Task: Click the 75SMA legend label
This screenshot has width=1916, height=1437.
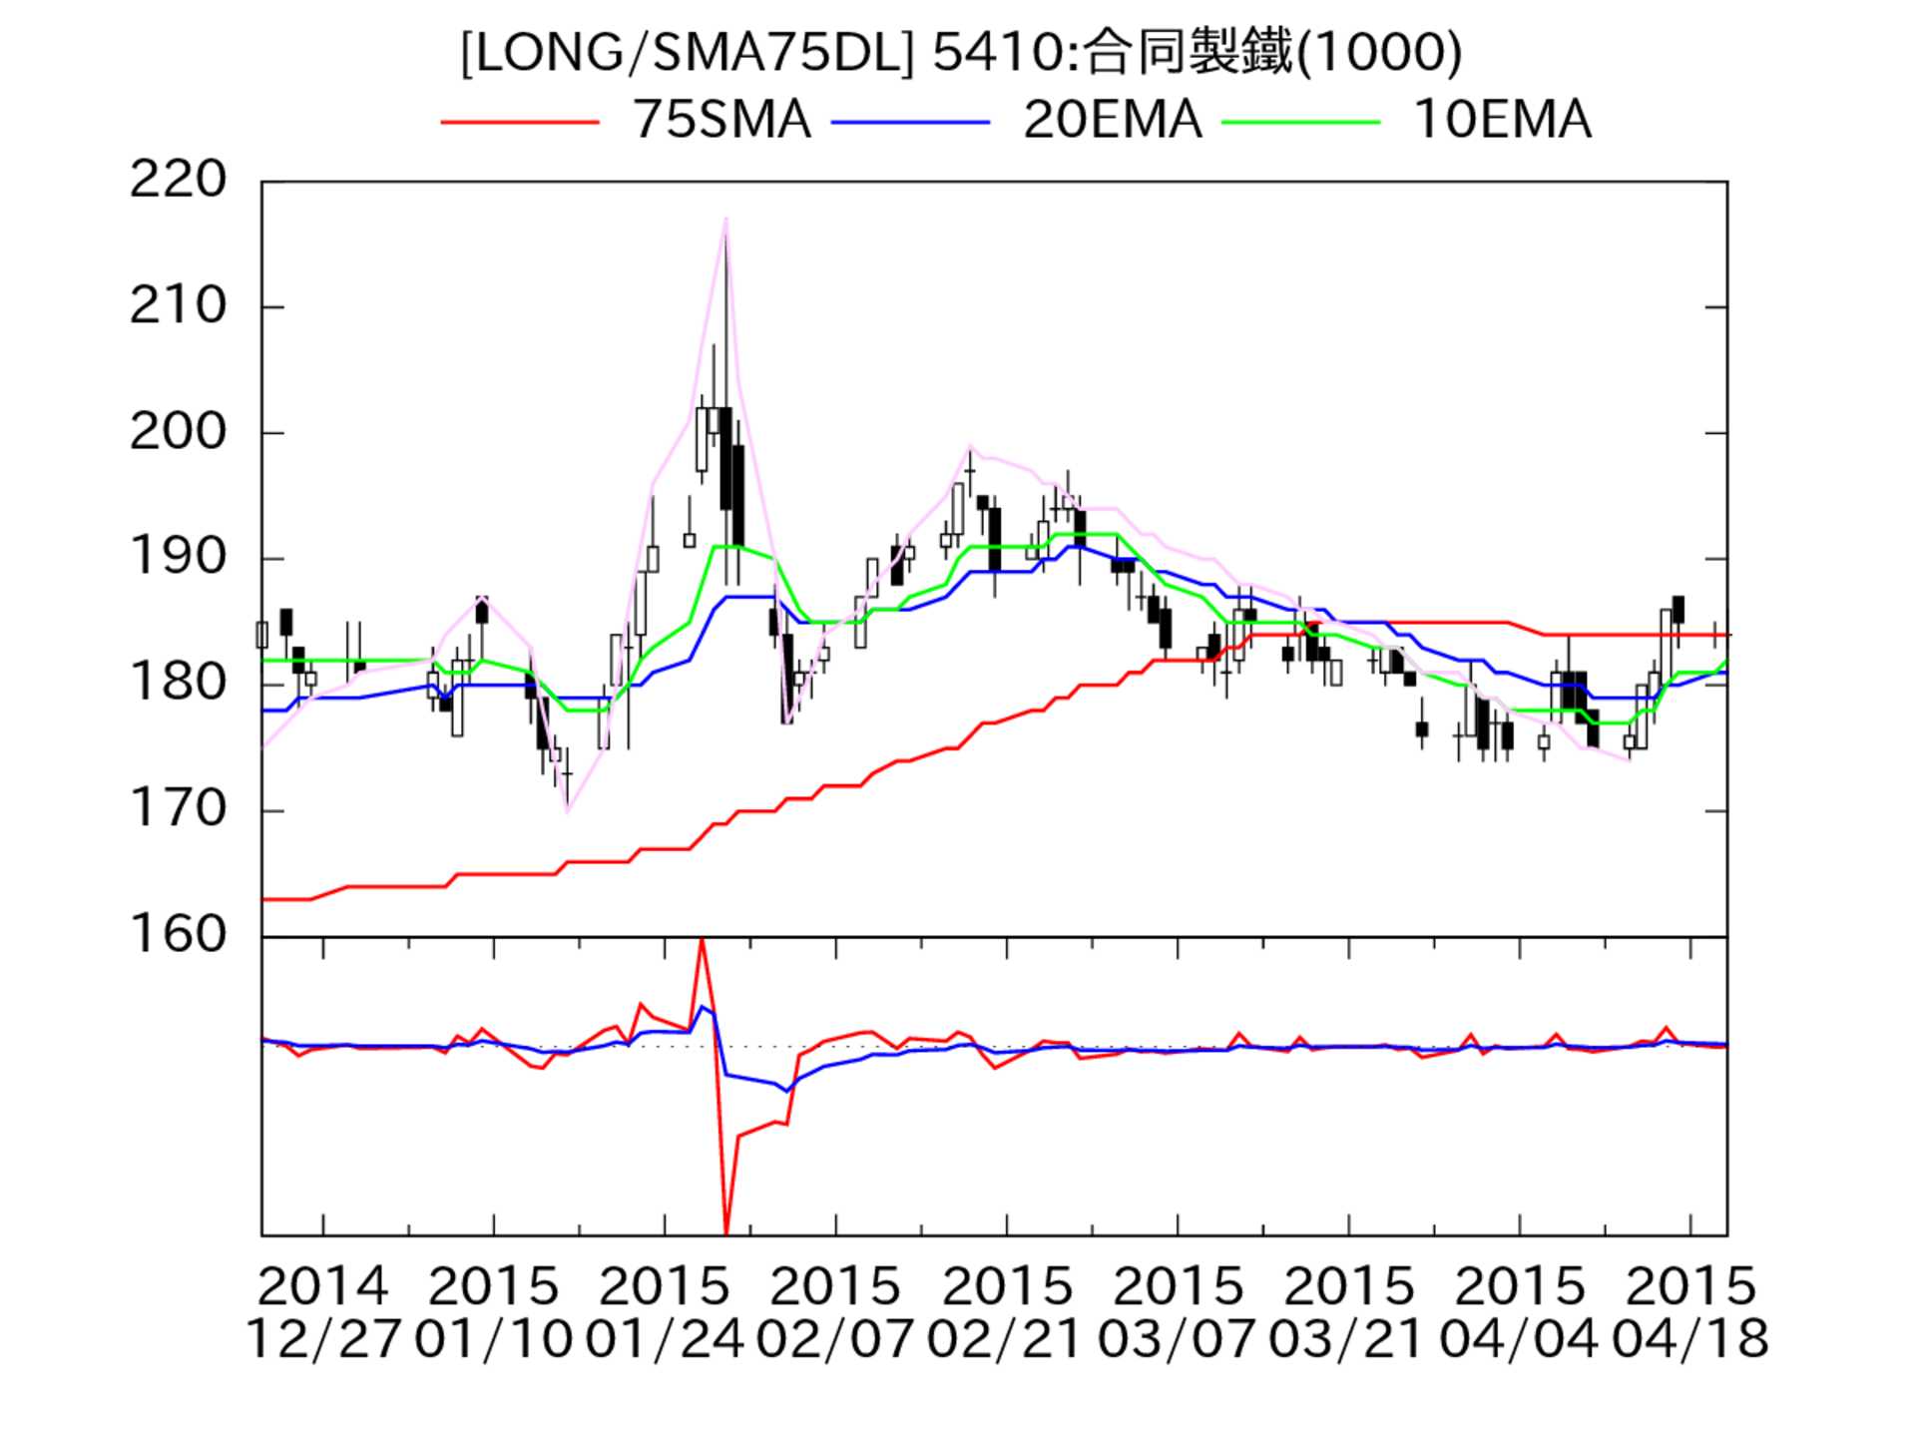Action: click(721, 121)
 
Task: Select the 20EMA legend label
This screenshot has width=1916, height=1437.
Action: click(1112, 121)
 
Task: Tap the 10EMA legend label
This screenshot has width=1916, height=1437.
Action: click(1502, 121)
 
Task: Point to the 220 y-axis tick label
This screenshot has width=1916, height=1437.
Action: click(179, 181)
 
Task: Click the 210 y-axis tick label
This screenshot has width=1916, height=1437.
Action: click(179, 306)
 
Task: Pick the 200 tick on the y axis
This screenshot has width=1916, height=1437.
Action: click(179, 432)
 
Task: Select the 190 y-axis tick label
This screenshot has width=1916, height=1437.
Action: click(179, 558)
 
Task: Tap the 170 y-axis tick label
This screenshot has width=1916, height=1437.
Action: click(179, 809)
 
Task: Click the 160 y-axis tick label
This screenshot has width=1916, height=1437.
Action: click(179, 935)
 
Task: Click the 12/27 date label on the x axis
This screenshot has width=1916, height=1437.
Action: click(322, 1339)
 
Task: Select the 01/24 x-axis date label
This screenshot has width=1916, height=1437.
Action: click(665, 1339)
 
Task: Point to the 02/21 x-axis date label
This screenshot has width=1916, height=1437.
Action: click(1006, 1339)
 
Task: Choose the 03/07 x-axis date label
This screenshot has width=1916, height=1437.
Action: click(1178, 1339)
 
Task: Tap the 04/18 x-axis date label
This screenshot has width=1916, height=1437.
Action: click(1690, 1339)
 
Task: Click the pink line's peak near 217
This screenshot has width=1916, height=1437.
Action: click(725, 219)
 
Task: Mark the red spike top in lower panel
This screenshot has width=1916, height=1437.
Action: click(702, 940)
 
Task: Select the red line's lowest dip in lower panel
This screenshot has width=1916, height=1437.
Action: click(725, 1233)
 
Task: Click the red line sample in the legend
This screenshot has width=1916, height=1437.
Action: click(519, 122)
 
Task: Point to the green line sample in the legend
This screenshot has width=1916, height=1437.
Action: click(1301, 122)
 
